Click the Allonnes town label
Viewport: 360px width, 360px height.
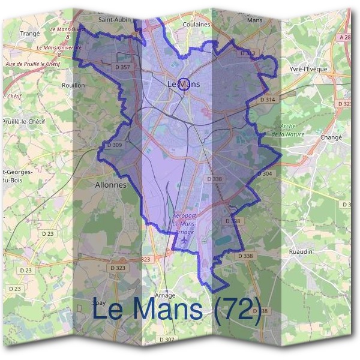[111, 185]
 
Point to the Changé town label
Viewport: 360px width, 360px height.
[331, 137]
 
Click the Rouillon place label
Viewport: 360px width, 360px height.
[74, 85]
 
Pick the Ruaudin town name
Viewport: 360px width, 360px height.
[301, 251]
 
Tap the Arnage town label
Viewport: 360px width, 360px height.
[165, 295]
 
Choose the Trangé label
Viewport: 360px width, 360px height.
[29, 34]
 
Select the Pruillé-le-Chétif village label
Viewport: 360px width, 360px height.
[24, 121]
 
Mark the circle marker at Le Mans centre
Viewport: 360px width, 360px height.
[184, 84]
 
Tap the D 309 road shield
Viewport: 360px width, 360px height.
[113, 145]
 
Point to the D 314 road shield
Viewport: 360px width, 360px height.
[267, 99]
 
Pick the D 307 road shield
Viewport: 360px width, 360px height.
[167, 340]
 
